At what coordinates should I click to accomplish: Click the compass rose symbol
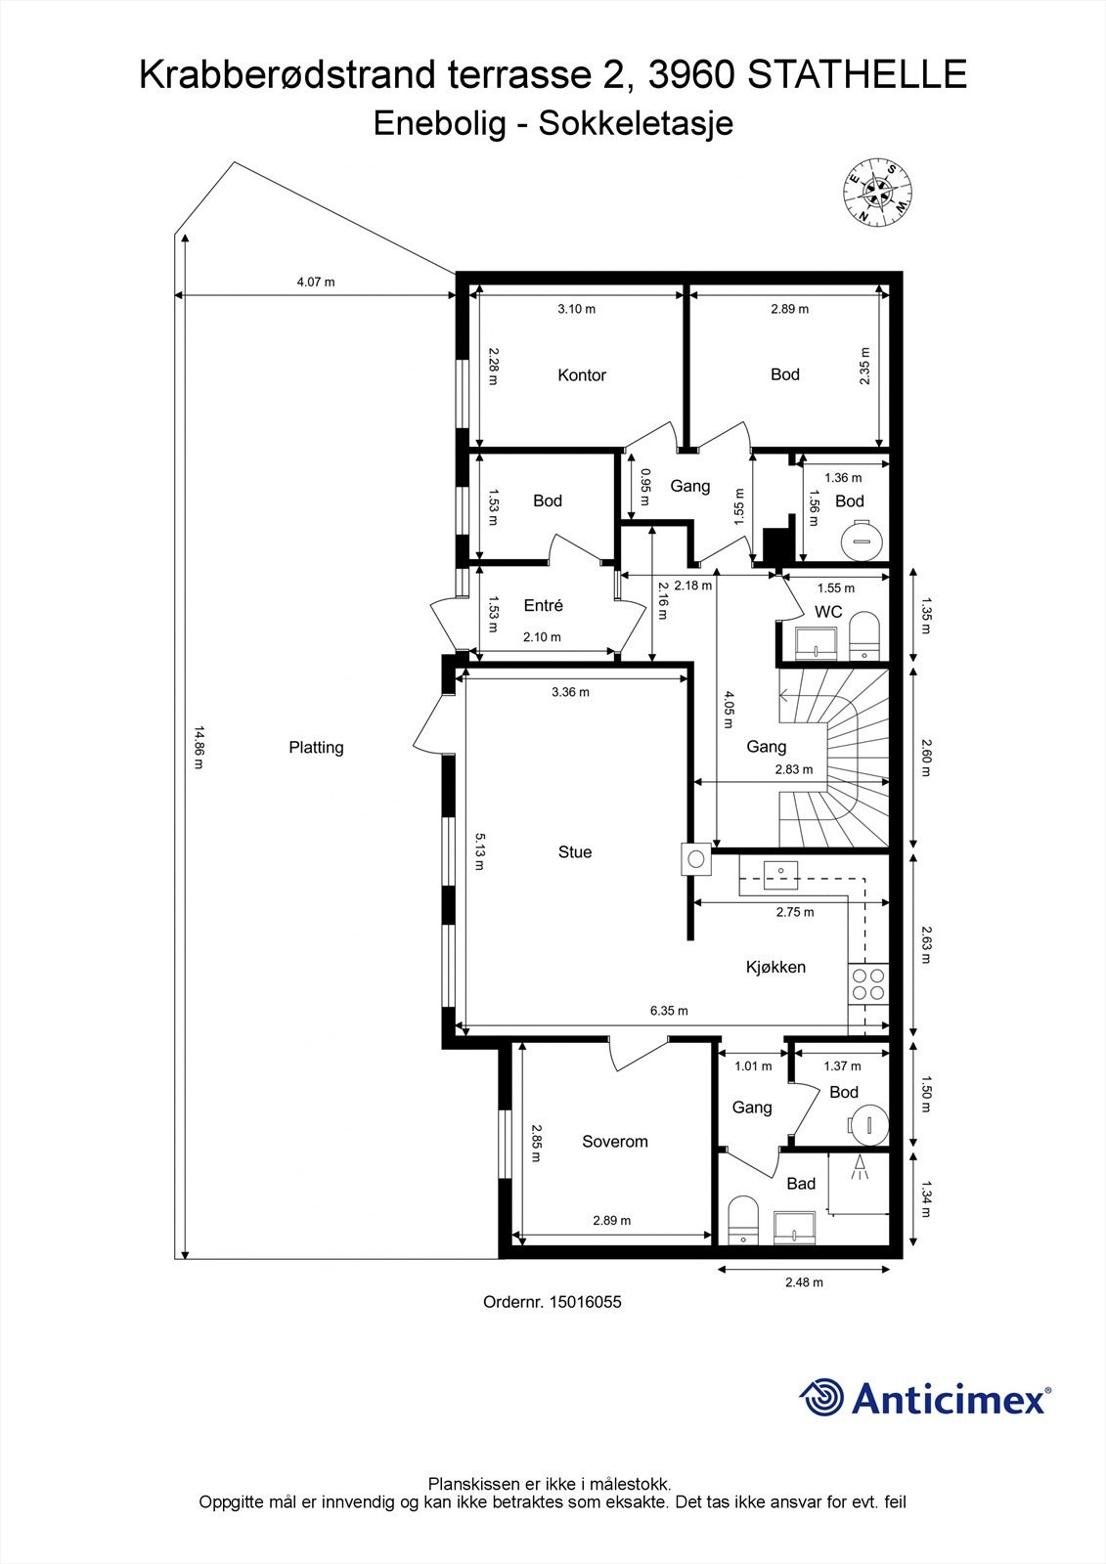coord(877,193)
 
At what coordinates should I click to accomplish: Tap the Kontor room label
coord(582,375)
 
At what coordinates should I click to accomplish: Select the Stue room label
coord(575,852)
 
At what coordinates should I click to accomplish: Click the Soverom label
coord(615,1142)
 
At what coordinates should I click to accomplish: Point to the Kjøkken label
coord(775,967)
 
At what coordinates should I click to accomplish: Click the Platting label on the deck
coord(316,748)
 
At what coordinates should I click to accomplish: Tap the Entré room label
coord(544,606)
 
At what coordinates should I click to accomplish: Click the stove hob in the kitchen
coord(868,984)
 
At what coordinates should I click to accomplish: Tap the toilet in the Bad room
coord(743,1219)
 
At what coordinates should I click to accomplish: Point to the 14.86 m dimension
coord(199,748)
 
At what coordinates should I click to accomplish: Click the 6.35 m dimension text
coord(670,1011)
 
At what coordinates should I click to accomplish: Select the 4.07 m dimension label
coord(316,282)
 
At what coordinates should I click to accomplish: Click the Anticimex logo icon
coord(821,1397)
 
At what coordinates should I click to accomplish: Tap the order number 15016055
coord(585,1302)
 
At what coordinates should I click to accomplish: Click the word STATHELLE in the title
coord(858,75)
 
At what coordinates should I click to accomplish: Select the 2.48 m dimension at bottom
coord(804,1282)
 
